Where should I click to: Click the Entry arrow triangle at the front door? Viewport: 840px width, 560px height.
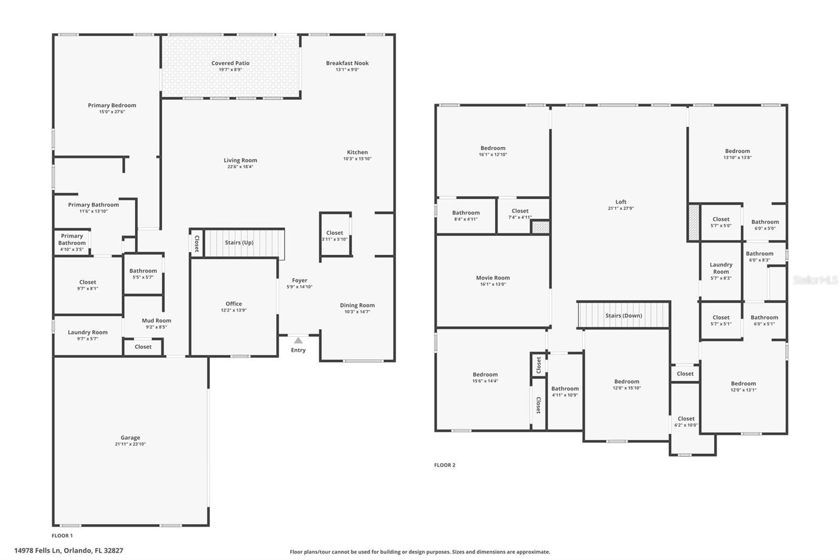click(298, 340)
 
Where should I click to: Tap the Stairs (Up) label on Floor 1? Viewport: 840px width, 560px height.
click(239, 243)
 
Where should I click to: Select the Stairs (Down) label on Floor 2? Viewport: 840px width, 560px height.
click(624, 316)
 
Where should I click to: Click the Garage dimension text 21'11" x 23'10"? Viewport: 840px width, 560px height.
click(130, 444)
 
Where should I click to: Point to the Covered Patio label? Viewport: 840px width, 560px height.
click(230, 63)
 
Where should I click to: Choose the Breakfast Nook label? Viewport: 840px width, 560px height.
click(347, 63)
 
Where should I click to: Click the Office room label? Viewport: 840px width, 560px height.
click(234, 304)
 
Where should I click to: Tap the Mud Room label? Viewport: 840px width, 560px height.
click(156, 320)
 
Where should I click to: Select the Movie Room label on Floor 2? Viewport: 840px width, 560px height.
click(492, 278)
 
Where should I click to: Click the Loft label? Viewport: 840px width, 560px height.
click(621, 202)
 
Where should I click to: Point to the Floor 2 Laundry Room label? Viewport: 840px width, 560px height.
click(721, 268)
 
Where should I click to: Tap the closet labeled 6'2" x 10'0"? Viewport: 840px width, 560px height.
click(686, 422)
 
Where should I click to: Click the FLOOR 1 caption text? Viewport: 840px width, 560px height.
click(62, 536)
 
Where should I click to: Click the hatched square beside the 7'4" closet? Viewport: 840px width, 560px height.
click(540, 227)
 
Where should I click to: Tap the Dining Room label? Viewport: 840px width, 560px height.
click(357, 305)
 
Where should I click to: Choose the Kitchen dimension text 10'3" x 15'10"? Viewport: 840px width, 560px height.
click(357, 159)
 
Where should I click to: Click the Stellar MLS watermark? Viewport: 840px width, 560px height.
click(815, 281)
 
